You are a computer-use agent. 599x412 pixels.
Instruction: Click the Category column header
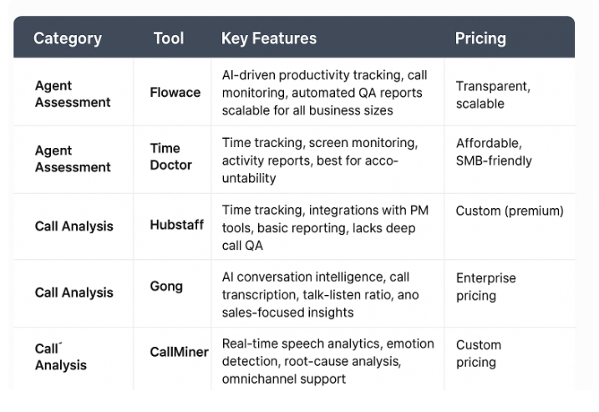68,38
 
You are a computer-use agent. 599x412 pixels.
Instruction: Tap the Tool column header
169,38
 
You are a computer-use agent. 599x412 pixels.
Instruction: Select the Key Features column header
269,38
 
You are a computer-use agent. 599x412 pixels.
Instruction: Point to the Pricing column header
480,38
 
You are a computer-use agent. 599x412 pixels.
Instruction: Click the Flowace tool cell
175,93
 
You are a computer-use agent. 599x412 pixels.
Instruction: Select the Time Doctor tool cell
170,157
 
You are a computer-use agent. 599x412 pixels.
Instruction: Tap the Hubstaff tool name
177,225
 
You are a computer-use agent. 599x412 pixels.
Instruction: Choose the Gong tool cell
166,287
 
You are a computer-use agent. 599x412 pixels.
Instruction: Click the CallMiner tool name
179,352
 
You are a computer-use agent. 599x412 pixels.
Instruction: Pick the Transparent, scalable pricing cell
493,94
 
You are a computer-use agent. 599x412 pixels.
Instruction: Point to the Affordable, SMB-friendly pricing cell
494,152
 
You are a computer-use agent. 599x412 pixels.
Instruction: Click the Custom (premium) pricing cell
510,211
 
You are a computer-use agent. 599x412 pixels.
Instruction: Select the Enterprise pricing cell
485,287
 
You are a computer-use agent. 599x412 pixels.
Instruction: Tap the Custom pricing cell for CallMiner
479,354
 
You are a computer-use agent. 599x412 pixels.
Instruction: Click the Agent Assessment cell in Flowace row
73,94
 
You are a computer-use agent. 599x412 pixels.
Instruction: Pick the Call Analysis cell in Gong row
74,292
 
